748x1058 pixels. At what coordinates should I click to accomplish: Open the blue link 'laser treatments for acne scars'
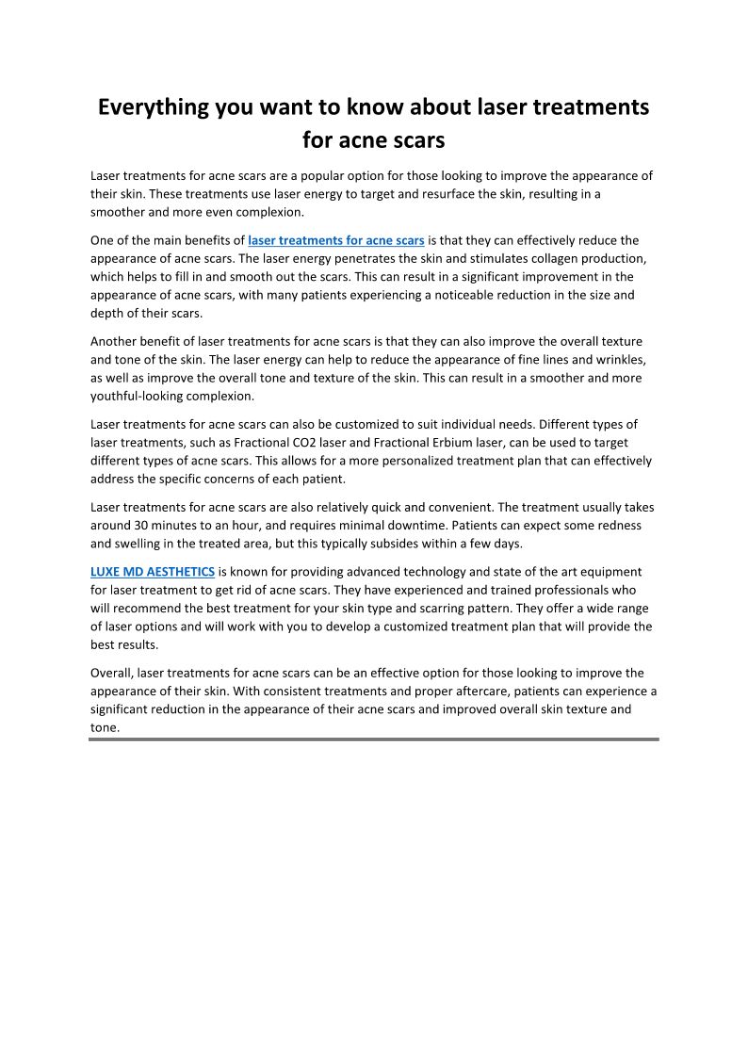[336, 240]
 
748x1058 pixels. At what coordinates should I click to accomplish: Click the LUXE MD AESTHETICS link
[153, 572]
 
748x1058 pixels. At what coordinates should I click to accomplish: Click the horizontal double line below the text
[374, 740]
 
